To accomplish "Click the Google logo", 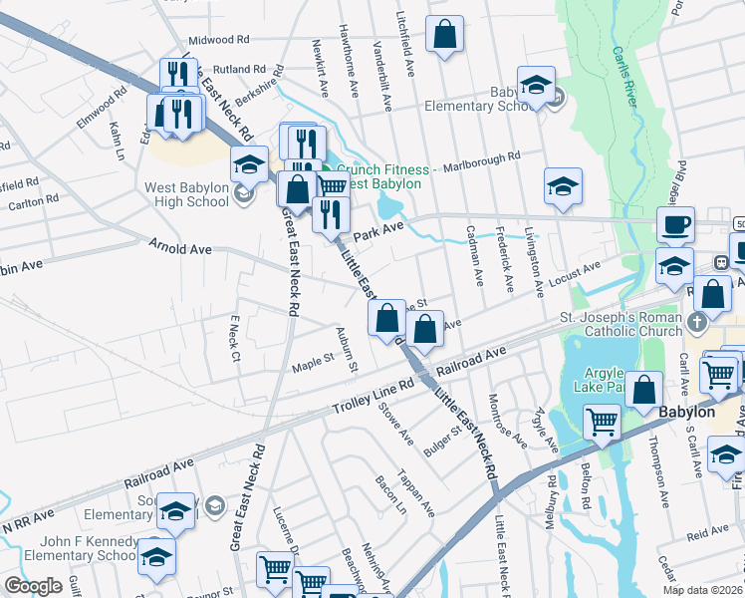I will click(34, 586).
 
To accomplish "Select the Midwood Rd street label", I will click(218, 40).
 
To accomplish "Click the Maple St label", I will click(312, 359).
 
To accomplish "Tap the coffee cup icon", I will click(676, 225).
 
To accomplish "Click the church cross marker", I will click(698, 321).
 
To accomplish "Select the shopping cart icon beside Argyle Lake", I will click(602, 422).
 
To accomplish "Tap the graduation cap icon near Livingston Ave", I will click(563, 185).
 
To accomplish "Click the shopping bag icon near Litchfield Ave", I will click(444, 33).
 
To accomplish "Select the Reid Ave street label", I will click(707, 534).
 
